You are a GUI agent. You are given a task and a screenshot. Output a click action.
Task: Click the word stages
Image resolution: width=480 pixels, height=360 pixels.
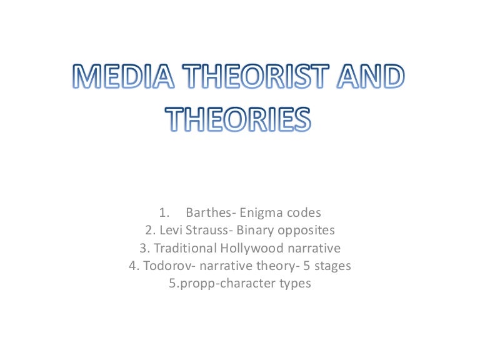pos(332,266)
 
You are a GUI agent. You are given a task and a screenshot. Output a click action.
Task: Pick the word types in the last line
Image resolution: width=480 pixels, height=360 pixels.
pos(296,284)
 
